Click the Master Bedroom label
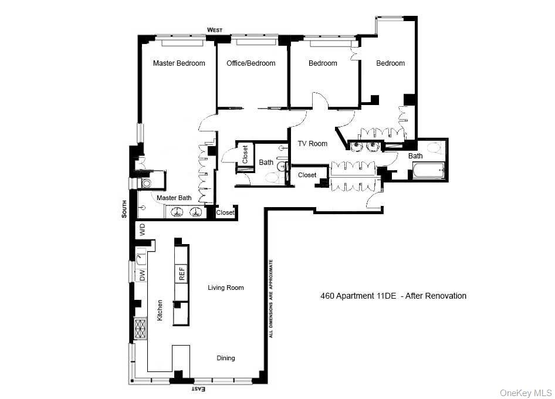[x=179, y=63]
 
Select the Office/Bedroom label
[x=251, y=63]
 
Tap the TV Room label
[x=312, y=144]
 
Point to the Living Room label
[x=225, y=288]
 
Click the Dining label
[x=225, y=358]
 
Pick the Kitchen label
[x=160, y=309]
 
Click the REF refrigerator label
[x=182, y=273]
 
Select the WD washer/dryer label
[x=142, y=229]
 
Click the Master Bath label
[x=174, y=198]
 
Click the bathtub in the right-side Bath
[x=428, y=171]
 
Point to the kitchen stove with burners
[x=141, y=329]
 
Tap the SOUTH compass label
[x=124, y=208]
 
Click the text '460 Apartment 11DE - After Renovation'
[x=393, y=296]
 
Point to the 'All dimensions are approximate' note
[x=271, y=298]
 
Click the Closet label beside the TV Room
[x=307, y=175]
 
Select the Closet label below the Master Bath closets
[x=225, y=213]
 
